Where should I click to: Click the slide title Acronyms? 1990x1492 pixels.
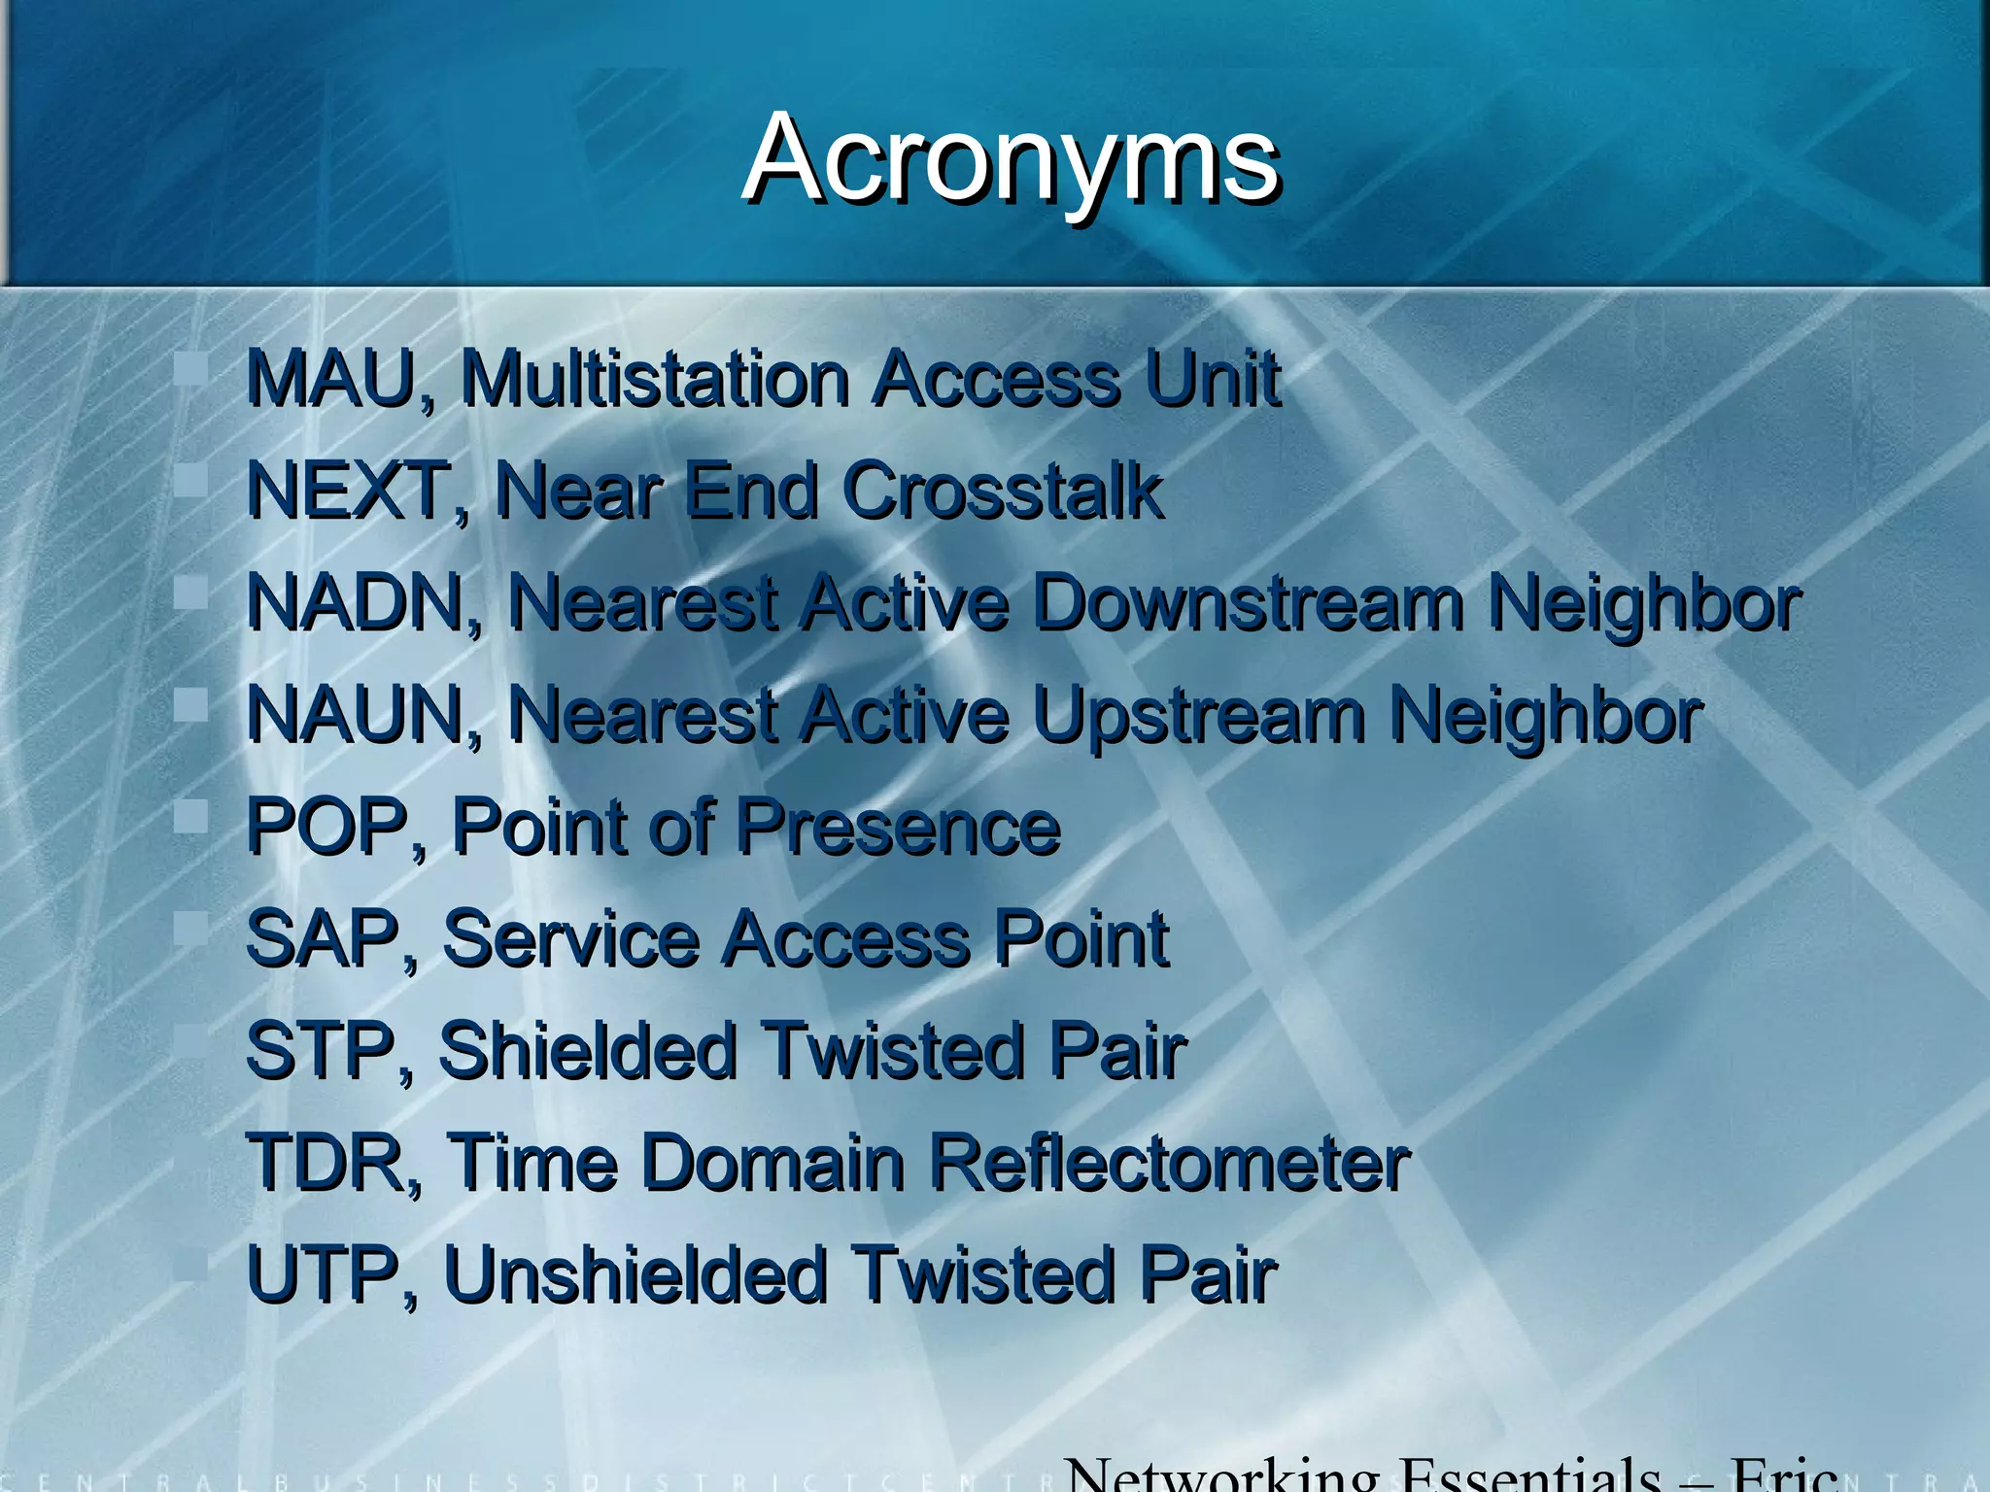click(x=1011, y=158)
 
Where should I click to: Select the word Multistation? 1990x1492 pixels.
click(x=656, y=378)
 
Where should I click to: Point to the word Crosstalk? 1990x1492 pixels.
click(x=1003, y=490)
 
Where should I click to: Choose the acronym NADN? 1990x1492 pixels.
click(x=357, y=602)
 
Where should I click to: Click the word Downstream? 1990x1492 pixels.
click(x=1247, y=602)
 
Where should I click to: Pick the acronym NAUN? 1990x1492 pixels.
click(x=357, y=715)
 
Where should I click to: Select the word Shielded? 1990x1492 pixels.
click(x=588, y=1051)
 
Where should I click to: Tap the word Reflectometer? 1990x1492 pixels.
click(x=1169, y=1163)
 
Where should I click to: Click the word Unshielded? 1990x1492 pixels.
click(x=635, y=1274)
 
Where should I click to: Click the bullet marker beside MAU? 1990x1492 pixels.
click(x=191, y=369)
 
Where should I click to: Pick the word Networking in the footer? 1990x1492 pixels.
click(x=1219, y=1475)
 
